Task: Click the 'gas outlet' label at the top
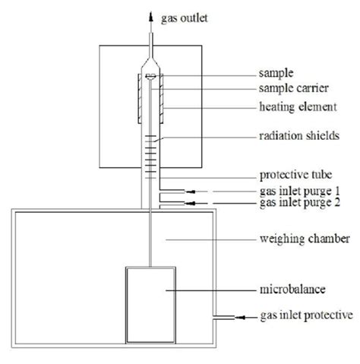[x=187, y=17]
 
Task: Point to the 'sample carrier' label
[x=290, y=89]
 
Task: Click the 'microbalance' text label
[x=286, y=290]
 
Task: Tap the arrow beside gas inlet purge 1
[x=198, y=191]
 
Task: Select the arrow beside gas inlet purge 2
[x=198, y=204]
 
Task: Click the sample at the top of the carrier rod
[x=151, y=78]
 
